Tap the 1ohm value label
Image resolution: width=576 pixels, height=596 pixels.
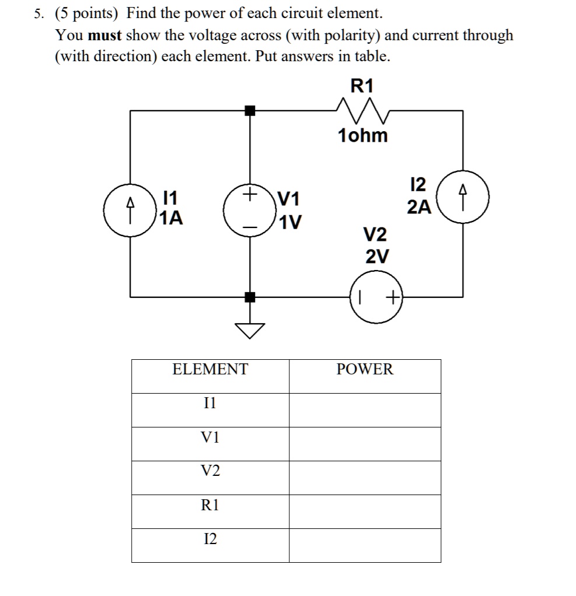click(x=362, y=136)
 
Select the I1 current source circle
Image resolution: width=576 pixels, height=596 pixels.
click(x=130, y=210)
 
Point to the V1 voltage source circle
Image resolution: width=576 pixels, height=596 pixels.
click(x=250, y=210)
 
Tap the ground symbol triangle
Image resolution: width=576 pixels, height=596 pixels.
click(x=250, y=331)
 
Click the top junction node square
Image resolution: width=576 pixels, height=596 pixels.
click(x=250, y=110)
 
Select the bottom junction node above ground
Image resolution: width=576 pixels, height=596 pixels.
click(x=250, y=297)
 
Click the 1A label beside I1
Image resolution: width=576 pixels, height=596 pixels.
click(x=171, y=219)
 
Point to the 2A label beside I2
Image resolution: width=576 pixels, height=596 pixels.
click(x=419, y=207)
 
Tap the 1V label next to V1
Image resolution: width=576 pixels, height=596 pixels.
click(x=289, y=223)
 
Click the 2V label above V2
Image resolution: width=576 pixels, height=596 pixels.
click(x=376, y=256)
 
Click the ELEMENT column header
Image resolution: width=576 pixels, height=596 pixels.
click(x=210, y=369)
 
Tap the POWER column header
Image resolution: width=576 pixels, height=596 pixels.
click(x=365, y=369)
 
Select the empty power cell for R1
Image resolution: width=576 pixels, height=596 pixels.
click(x=365, y=511)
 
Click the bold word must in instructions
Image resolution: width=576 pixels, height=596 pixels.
click(x=104, y=35)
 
